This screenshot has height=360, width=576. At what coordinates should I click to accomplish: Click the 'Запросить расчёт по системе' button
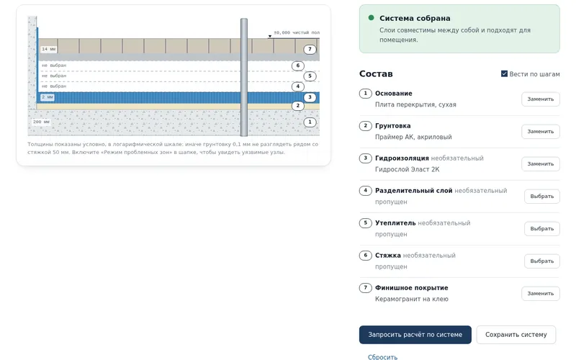tap(415, 335)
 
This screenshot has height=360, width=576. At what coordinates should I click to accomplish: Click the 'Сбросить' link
tap(382, 356)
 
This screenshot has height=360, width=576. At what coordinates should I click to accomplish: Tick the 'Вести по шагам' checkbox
tap(505, 74)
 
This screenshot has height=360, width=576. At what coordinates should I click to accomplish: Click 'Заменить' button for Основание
tap(541, 99)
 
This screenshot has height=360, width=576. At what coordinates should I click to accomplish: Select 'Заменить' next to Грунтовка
tap(541, 132)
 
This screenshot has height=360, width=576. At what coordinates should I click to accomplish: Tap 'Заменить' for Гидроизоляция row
tap(541, 164)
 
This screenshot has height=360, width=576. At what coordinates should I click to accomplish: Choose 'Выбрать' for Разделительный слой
tap(542, 196)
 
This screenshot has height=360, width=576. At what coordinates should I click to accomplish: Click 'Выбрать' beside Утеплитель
tap(542, 228)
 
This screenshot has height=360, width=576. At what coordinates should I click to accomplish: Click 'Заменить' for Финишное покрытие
tap(541, 294)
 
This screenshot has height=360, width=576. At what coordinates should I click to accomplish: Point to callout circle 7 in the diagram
tap(310, 49)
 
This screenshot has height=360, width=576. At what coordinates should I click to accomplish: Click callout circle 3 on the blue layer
tap(310, 97)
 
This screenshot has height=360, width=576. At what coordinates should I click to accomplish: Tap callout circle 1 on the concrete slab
tap(310, 122)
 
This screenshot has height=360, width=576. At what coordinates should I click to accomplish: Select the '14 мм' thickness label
tap(48, 49)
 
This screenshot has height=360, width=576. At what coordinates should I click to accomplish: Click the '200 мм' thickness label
tap(41, 122)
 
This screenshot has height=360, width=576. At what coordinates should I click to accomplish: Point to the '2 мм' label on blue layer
tap(48, 97)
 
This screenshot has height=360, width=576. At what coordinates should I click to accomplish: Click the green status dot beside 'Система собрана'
tap(371, 17)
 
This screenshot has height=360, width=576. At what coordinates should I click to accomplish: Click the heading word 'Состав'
tap(376, 74)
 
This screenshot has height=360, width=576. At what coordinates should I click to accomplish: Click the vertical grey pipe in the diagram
tap(244, 77)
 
